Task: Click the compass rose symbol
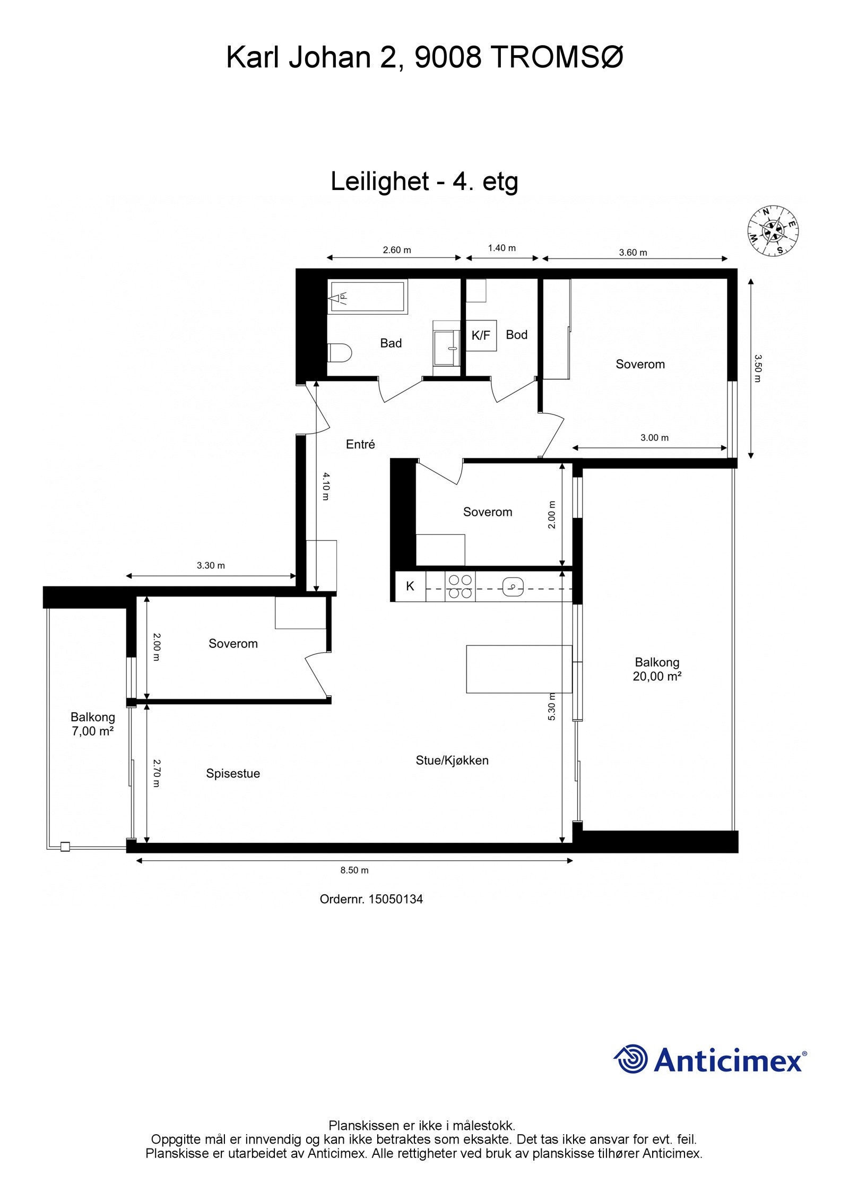773,231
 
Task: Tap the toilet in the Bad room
340,352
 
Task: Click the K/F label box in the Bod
481,335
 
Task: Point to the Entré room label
360,445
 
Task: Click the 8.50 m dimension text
354,870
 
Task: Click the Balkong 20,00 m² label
657,669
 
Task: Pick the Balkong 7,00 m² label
93,724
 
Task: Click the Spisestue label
233,774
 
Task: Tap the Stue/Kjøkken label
452,761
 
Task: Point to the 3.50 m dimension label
757,369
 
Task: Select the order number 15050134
395,899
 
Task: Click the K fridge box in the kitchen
410,586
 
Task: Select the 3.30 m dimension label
211,566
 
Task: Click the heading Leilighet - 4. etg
424,182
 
